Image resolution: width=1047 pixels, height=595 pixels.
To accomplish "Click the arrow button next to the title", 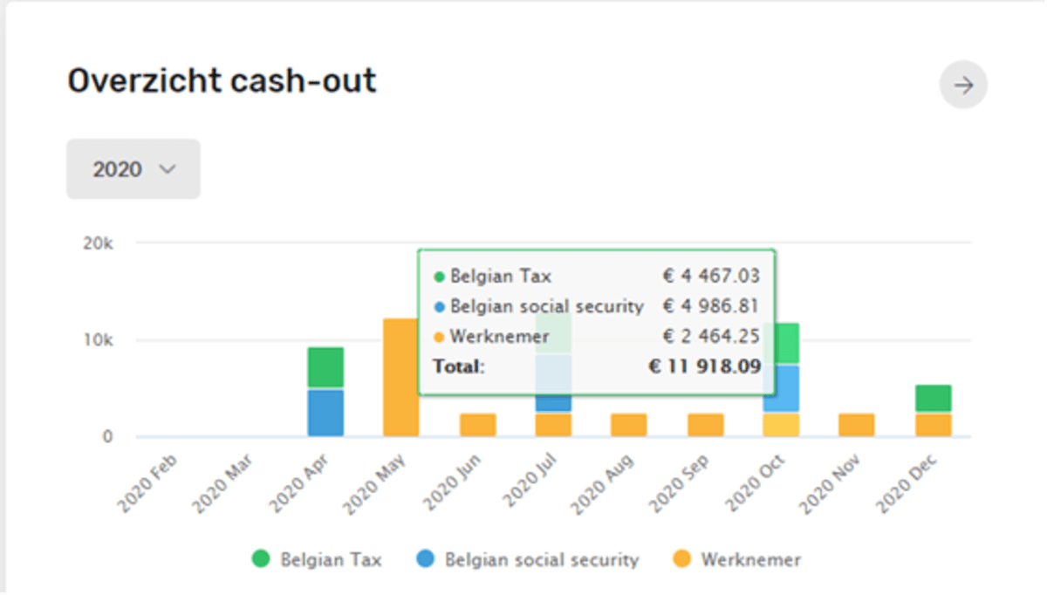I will (x=963, y=85).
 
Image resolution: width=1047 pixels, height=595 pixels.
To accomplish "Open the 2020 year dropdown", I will (x=133, y=169).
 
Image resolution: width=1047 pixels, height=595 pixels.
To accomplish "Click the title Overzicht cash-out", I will (x=222, y=81).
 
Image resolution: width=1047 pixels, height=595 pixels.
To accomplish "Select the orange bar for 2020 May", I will (x=401, y=377).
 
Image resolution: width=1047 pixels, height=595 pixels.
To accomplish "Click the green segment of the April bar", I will (x=325, y=367).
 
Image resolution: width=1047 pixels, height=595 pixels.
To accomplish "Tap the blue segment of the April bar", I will (x=325, y=413).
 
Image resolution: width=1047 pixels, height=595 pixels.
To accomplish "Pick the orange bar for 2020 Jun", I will (x=478, y=425).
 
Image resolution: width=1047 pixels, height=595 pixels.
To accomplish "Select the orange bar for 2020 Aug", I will (x=628, y=425).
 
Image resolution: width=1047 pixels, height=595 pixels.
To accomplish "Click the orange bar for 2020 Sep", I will (x=705, y=425).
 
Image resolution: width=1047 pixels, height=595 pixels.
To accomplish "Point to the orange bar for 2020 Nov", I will (x=857, y=425).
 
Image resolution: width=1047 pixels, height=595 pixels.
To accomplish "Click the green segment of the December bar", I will (x=933, y=399).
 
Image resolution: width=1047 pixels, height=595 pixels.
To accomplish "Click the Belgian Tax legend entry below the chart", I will (x=317, y=559).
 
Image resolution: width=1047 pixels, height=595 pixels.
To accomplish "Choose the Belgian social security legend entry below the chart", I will (x=528, y=559).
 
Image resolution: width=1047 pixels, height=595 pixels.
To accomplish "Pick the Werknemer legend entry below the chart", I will (x=738, y=559).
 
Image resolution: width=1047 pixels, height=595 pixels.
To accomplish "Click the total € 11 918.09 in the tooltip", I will (x=704, y=366).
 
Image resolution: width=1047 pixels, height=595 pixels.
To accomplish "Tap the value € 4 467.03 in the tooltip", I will (x=711, y=277).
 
